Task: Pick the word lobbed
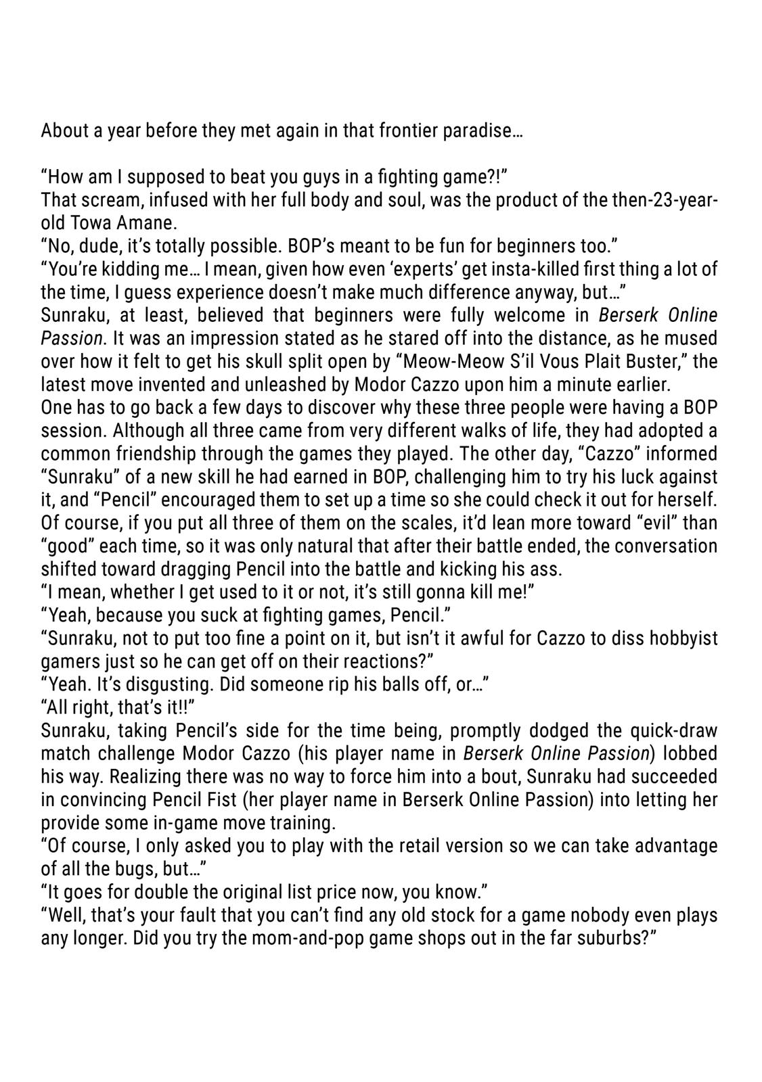(x=690, y=753)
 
